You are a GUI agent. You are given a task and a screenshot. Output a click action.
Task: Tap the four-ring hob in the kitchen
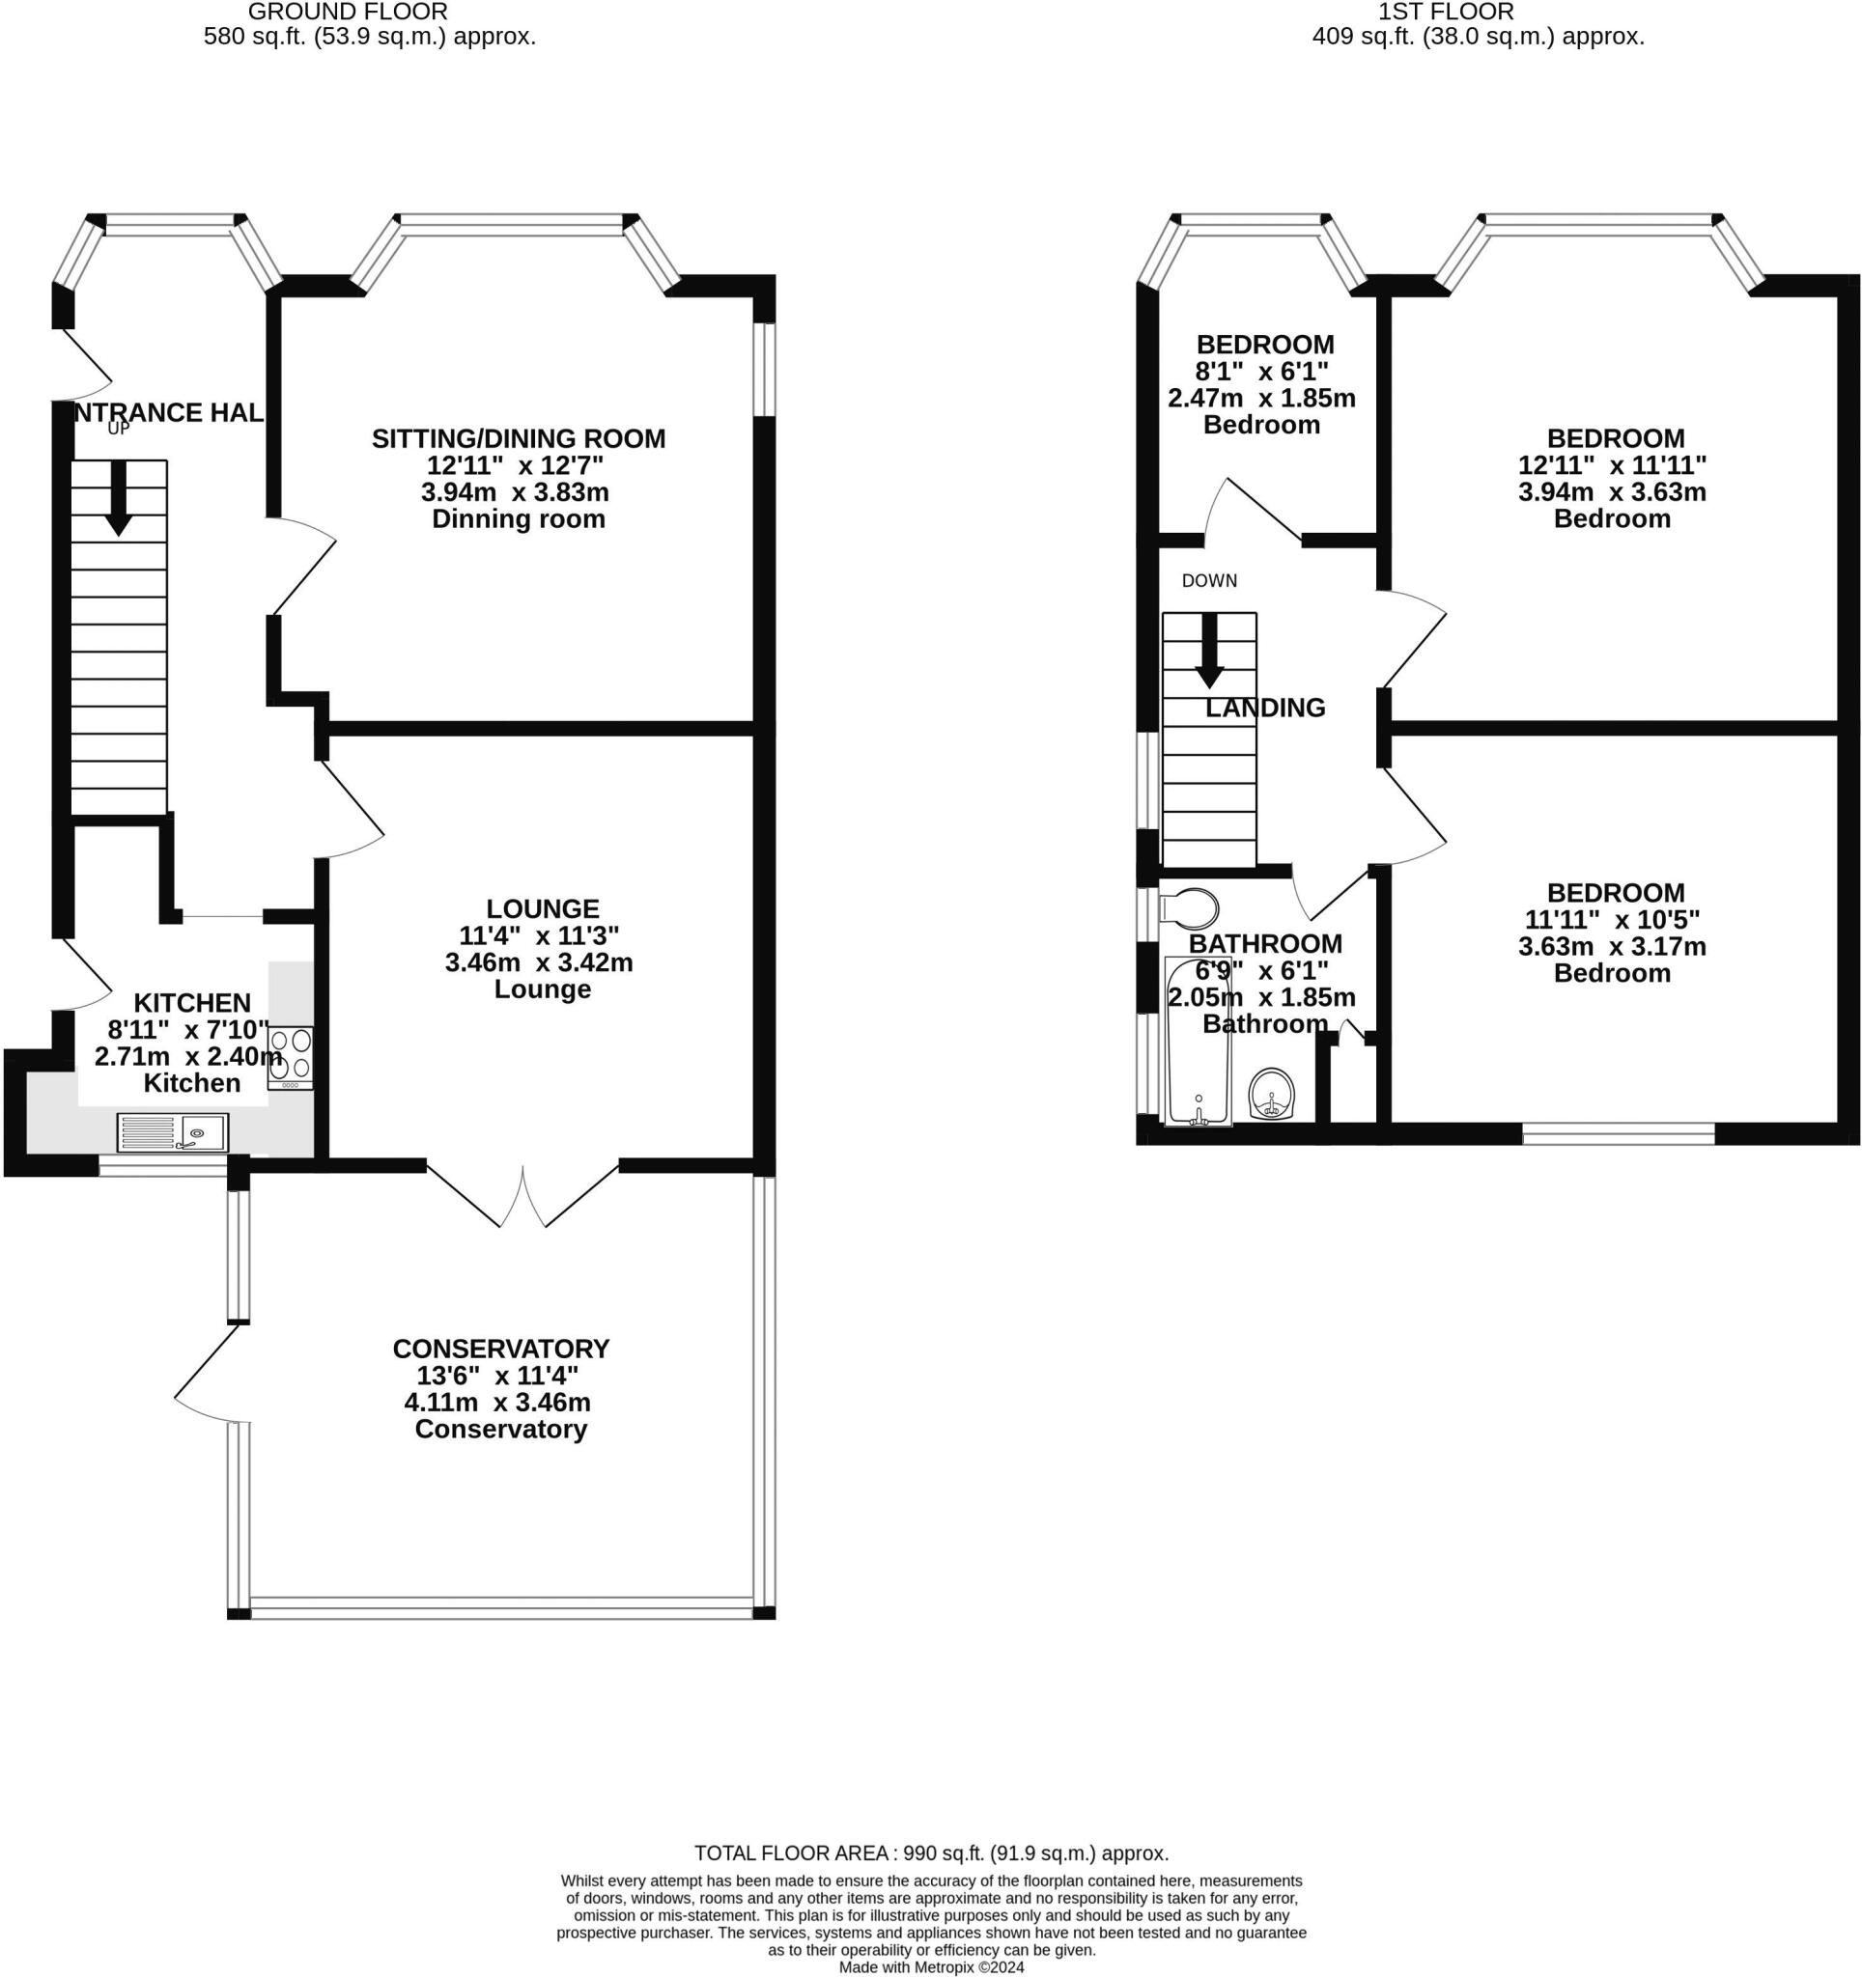pos(291,1057)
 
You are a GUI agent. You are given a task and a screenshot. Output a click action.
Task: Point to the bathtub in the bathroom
pos(1198,1041)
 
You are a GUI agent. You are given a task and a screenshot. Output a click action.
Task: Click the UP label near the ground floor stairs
pos(119,430)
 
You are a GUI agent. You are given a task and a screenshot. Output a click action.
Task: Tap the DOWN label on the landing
pos(1209,581)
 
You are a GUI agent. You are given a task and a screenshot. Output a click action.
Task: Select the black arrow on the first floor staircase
pos(1209,651)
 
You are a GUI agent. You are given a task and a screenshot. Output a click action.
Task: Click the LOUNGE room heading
pos(542,909)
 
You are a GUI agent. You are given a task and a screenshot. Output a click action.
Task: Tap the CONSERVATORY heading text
pos(501,1350)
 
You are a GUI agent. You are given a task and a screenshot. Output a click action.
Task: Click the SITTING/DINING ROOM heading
pos(519,438)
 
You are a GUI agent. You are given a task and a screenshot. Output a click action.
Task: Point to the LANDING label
pos(1265,708)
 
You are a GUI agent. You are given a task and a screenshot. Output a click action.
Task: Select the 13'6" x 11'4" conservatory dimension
pos(497,1377)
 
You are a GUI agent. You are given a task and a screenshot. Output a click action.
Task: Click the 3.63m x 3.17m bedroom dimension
pos(1612,947)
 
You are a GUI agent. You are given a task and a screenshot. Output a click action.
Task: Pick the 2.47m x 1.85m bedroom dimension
pos(1261,399)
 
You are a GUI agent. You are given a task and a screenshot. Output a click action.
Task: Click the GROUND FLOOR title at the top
pos(347,12)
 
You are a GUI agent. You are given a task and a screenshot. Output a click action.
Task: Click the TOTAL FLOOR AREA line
pos(931,1853)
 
